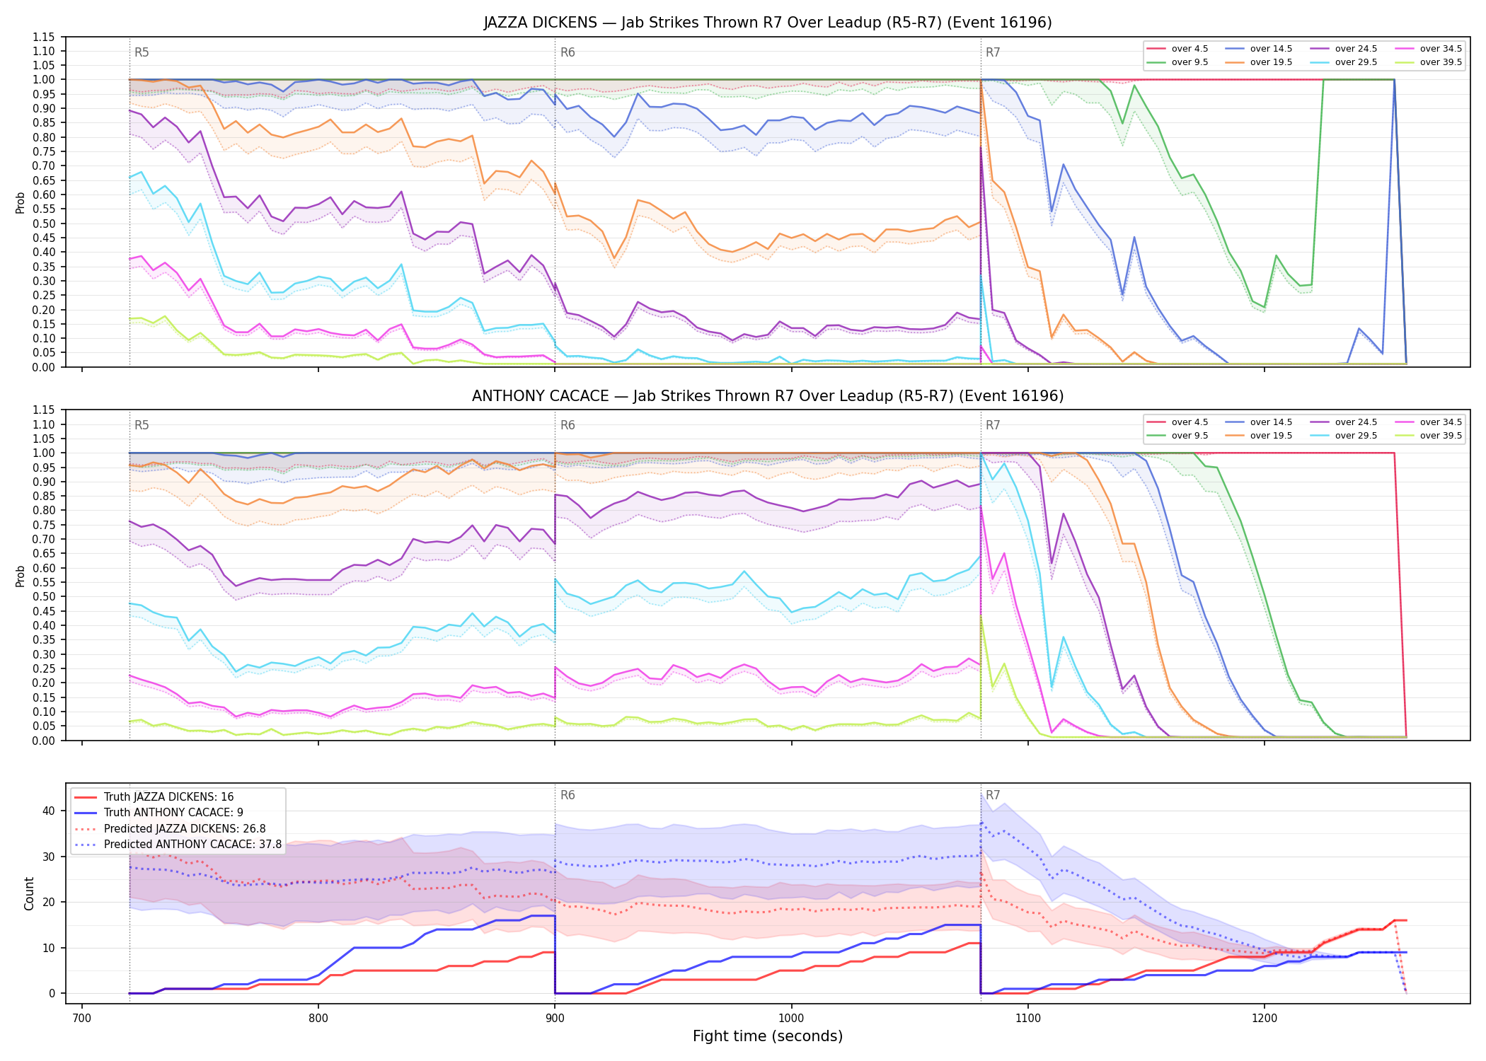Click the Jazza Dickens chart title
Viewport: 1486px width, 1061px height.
click(768, 23)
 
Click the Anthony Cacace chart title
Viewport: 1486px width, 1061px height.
click(768, 396)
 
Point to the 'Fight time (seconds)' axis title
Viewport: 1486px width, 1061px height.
click(768, 1036)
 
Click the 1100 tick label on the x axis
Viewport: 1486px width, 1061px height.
click(1027, 1019)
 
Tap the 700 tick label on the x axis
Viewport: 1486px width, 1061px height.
click(82, 1019)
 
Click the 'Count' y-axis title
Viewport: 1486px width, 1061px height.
click(29, 893)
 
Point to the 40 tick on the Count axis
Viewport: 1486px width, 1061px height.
click(49, 811)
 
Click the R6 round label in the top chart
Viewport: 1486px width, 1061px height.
click(568, 52)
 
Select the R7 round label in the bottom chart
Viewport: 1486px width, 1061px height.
click(993, 795)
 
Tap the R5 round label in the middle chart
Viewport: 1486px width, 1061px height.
click(142, 425)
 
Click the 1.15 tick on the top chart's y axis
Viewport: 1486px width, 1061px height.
click(44, 37)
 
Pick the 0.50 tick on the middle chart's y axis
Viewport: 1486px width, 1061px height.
click(44, 596)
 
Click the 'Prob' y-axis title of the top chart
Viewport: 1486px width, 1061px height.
click(20, 202)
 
